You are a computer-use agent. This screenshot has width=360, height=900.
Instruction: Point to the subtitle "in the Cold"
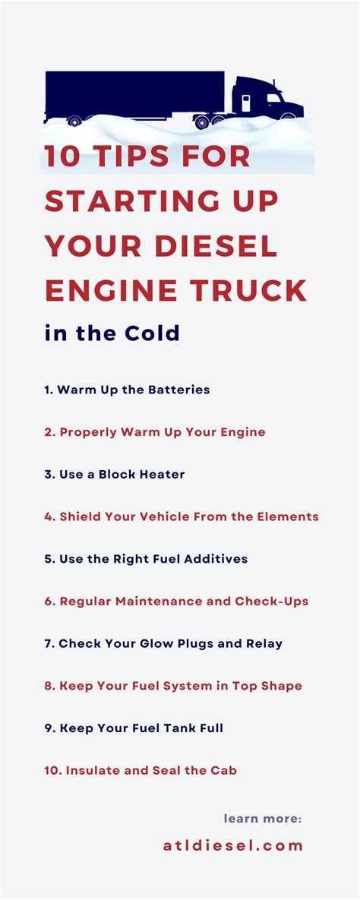(112, 333)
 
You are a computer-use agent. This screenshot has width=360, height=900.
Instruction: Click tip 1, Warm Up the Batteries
(127, 390)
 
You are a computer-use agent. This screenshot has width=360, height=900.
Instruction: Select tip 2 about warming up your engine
(155, 432)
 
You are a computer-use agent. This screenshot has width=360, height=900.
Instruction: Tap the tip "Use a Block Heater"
(115, 475)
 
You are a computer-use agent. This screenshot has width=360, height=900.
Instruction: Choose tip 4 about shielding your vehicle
(182, 516)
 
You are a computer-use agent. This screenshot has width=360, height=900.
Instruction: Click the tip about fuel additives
(146, 559)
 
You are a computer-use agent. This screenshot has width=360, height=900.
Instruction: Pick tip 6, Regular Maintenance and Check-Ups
(176, 602)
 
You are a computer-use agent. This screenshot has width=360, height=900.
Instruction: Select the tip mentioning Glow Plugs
(163, 643)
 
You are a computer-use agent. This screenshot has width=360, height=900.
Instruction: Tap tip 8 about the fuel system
(173, 686)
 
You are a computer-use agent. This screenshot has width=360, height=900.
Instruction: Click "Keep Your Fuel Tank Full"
(134, 728)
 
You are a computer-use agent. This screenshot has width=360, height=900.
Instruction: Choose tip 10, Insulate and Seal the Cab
(141, 770)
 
